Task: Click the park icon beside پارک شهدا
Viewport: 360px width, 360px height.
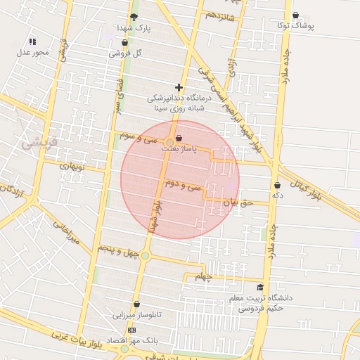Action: tap(134, 18)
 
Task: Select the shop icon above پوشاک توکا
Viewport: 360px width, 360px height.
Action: tap(295, 15)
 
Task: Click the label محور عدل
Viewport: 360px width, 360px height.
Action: tap(33, 52)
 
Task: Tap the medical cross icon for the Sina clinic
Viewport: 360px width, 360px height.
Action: tap(179, 88)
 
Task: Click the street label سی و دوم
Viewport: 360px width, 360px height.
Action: tap(183, 186)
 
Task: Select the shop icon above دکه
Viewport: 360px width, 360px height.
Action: tap(277, 186)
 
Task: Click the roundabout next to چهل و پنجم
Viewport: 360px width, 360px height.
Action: tap(145, 255)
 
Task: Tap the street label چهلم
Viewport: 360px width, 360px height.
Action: tap(204, 277)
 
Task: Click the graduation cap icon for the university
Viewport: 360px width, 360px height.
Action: tap(260, 287)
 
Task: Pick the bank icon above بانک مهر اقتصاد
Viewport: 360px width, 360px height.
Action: tap(131, 330)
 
